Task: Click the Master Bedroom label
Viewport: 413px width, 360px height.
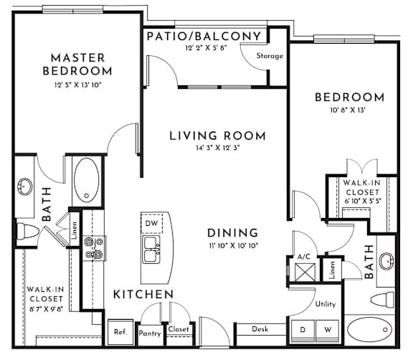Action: pos(77,65)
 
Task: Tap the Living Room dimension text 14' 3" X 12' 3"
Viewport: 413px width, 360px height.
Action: pos(217,148)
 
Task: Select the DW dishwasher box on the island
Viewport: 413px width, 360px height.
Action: pos(152,224)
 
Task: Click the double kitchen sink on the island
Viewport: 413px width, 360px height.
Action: pos(151,250)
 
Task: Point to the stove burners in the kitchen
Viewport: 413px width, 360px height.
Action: pos(94,248)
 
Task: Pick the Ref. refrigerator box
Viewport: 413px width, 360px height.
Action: pos(120,332)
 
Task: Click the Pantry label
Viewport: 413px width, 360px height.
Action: pos(150,333)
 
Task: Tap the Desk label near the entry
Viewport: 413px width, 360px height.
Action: pos(260,329)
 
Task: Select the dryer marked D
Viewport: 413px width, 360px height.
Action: pos(303,331)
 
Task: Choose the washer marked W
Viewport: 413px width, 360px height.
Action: pos(328,331)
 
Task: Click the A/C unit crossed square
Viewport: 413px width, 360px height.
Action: pos(305,272)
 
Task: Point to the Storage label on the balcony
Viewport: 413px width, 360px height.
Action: pos(270,56)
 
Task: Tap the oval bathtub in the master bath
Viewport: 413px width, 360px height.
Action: pos(87,180)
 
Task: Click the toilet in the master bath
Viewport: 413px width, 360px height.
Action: pos(27,232)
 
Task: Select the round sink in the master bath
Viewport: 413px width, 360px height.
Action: pos(25,186)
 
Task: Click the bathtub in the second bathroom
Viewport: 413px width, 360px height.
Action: pos(370,329)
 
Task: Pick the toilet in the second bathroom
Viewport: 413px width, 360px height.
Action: pos(382,300)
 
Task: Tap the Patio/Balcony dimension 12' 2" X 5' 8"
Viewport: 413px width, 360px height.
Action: pos(206,48)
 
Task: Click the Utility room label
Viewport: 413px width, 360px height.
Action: pos(326,304)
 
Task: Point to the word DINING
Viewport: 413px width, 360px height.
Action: pos(232,233)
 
